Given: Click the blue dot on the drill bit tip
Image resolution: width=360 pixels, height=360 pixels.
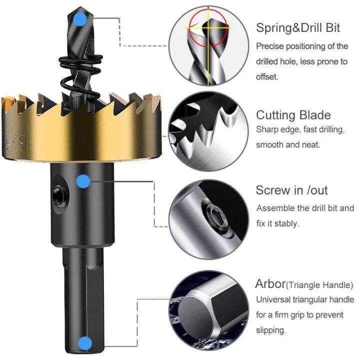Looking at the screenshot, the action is (x=80, y=19).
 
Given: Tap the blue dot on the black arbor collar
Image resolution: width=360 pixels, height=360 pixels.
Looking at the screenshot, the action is (x=83, y=181).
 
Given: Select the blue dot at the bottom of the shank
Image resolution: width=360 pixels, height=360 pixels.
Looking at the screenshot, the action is (x=85, y=343).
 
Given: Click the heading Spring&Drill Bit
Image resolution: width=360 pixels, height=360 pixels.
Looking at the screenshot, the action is (x=298, y=28).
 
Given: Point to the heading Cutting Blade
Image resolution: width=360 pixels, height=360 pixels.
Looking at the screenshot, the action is (x=293, y=115).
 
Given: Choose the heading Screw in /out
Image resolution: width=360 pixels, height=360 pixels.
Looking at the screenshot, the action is (x=291, y=190).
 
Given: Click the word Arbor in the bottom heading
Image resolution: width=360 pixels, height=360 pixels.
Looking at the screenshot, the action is (x=270, y=284).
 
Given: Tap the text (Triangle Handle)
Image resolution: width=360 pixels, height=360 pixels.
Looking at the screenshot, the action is (x=319, y=285).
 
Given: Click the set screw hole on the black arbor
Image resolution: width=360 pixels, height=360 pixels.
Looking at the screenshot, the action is (x=60, y=196).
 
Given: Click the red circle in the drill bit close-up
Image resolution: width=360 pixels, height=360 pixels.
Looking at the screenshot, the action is (x=208, y=28).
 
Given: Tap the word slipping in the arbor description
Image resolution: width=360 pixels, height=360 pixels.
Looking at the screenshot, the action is (x=271, y=330).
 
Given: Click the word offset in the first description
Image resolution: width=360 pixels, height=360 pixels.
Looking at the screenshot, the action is (x=267, y=76).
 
